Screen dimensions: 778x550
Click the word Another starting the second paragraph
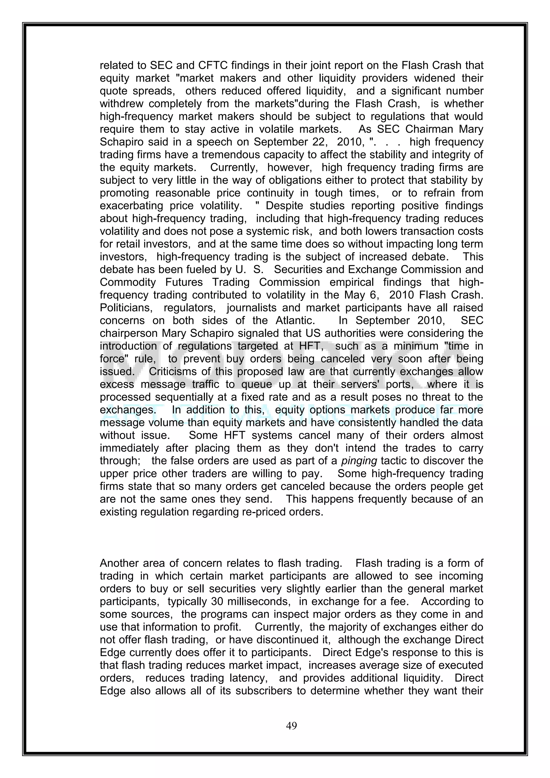tap(119, 563)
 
